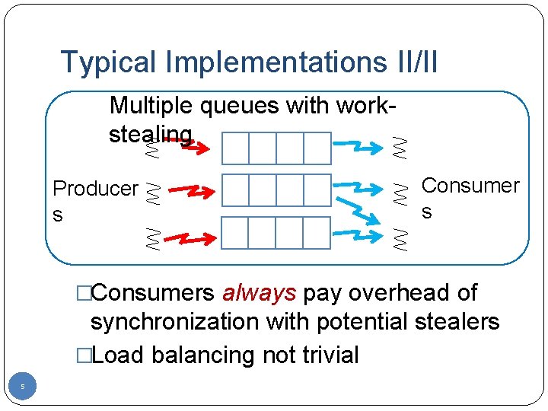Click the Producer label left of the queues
click(x=94, y=189)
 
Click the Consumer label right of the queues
click(x=470, y=186)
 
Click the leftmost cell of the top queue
click(x=235, y=148)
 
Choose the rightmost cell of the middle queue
click(x=317, y=190)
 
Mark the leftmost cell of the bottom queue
click(x=235, y=233)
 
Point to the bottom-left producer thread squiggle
click(x=152, y=239)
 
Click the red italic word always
click(x=259, y=292)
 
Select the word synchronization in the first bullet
click(x=175, y=322)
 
